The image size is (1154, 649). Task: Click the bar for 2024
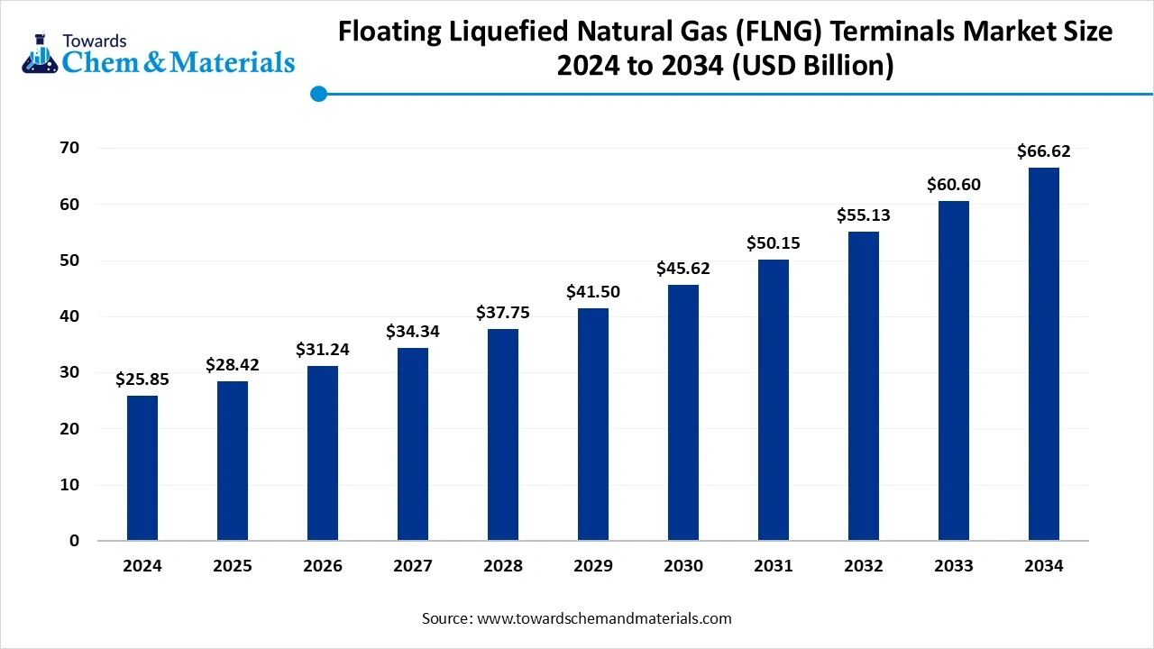[142, 468]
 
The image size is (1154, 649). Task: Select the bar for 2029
[593, 424]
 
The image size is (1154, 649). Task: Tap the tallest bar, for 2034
[1043, 353]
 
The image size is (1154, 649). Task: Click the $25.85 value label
[142, 379]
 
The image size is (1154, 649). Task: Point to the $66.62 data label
[1043, 151]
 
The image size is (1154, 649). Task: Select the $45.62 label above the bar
[683, 269]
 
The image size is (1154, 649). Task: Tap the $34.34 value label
[413, 332]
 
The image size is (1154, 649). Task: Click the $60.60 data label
[954, 185]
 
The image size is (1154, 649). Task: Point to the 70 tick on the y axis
[69, 148]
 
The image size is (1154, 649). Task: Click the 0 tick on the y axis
[75, 541]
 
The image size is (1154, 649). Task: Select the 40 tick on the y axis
[69, 316]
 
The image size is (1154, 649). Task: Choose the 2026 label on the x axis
[323, 566]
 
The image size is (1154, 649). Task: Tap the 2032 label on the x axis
[864, 566]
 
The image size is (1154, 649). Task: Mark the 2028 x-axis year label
[503, 566]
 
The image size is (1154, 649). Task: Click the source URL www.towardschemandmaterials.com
[603, 618]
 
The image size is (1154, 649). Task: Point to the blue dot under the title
[318, 94]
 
